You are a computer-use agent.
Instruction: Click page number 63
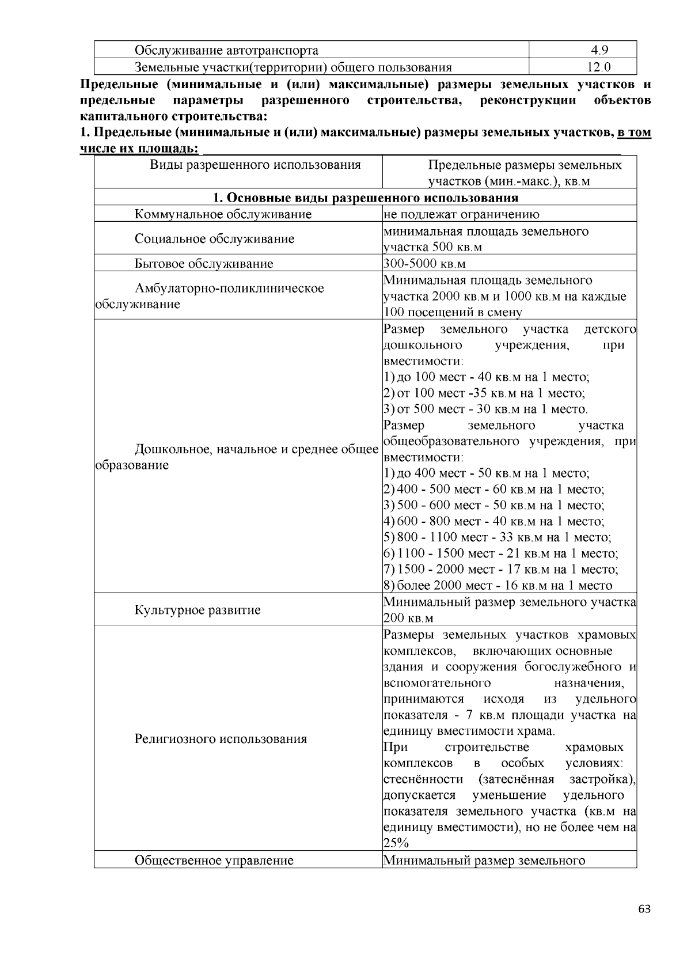644,909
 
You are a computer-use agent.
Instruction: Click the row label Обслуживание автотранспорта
226,50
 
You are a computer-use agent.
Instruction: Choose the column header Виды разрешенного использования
255,165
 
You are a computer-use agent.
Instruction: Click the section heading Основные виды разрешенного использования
365,198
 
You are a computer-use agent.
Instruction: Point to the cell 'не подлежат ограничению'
461,214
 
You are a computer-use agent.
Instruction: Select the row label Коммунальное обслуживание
223,214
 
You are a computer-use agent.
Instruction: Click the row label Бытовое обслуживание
204,264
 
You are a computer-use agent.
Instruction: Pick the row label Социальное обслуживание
214,238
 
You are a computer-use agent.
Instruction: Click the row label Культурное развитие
198,609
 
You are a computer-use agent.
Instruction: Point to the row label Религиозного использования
221,738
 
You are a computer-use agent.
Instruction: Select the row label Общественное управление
214,861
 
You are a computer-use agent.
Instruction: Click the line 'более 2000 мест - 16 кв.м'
499,586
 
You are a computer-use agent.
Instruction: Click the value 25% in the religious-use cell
396,843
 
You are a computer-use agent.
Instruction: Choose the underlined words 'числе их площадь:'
139,149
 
